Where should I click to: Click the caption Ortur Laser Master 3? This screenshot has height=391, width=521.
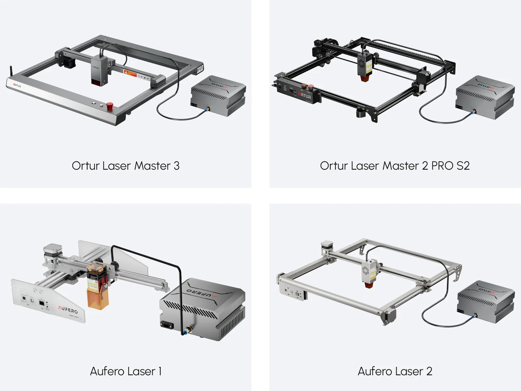click(125, 166)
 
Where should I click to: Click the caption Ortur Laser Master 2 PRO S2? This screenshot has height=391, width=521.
click(395, 166)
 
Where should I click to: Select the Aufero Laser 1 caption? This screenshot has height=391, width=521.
click(125, 371)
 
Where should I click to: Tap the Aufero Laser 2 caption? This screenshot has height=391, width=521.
click(395, 371)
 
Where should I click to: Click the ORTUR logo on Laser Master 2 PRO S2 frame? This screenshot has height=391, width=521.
click(305, 96)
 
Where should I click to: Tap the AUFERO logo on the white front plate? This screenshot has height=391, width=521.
click(68, 309)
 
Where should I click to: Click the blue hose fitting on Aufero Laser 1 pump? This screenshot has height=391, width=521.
click(185, 332)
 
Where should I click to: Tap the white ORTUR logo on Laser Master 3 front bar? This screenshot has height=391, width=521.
click(17, 86)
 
